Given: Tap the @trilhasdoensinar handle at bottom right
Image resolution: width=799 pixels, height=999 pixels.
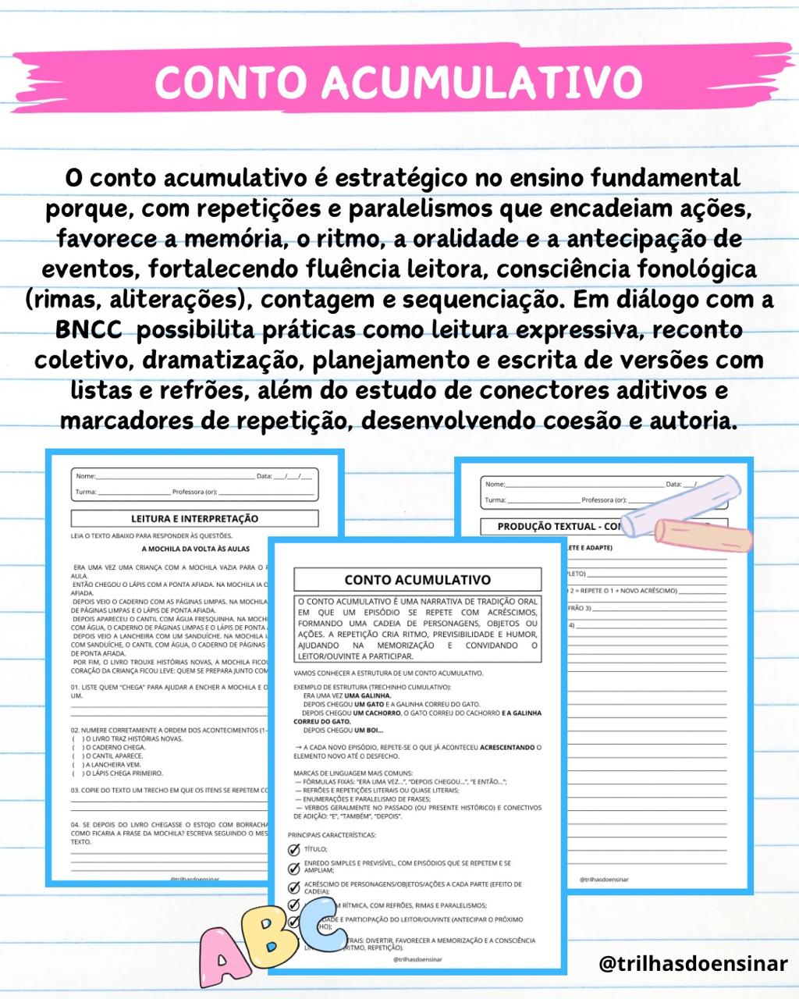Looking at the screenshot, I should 693,964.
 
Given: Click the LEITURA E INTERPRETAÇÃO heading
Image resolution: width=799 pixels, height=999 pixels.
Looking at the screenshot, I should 194,518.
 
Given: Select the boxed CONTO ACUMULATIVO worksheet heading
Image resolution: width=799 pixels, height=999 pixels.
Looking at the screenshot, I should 417,580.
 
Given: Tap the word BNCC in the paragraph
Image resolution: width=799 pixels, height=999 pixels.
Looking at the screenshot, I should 88,329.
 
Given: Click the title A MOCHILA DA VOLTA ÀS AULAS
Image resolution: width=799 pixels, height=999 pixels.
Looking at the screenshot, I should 201,549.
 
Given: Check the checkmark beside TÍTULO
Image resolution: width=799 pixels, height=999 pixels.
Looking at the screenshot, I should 294,849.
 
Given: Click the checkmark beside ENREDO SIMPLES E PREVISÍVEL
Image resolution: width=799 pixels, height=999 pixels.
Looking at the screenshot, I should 294,868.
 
